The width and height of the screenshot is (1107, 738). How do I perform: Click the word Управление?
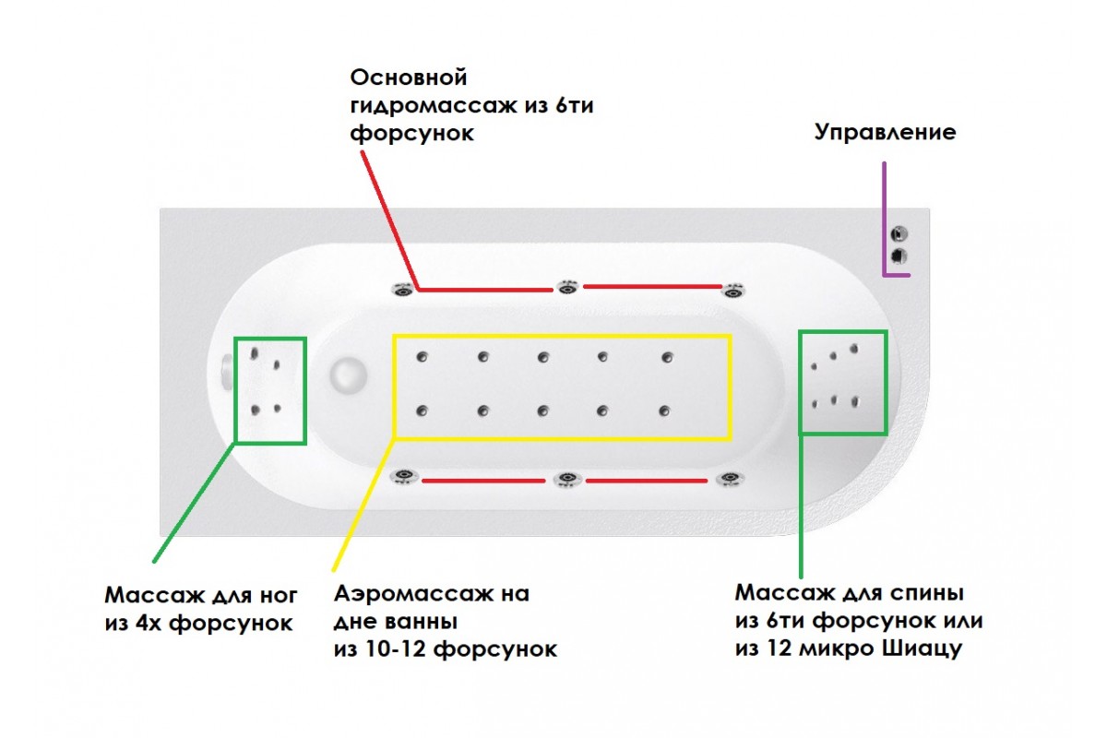[885, 132]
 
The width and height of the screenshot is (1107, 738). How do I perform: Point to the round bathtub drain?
[348, 375]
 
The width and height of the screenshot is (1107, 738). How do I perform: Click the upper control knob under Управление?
[899, 234]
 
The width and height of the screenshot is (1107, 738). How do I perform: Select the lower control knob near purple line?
[899, 256]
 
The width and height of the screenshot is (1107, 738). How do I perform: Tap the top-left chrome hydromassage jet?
[403, 289]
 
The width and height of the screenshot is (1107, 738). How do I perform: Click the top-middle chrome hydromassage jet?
[566, 287]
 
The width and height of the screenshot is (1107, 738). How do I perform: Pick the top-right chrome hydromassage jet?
[733, 290]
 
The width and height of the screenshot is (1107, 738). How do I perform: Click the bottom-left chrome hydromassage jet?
[402, 477]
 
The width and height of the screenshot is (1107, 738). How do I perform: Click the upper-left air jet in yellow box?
[423, 357]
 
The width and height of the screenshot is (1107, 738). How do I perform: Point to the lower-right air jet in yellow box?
[664, 411]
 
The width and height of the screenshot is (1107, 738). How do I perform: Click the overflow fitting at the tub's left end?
[226, 373]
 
